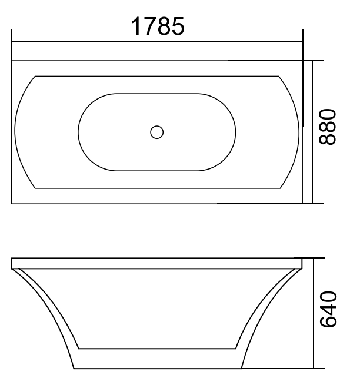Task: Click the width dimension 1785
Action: [x=158, y=26]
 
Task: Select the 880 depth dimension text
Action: [x=327, y=127]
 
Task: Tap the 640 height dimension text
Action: [x=327, y=308]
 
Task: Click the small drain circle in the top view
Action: [x=156, y=132]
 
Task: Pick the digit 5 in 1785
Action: [x=178, y=26]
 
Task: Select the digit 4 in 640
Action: [x=327, y=308]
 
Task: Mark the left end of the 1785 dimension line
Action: [x=12, y=41]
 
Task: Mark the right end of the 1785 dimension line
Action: [x=302, y=41]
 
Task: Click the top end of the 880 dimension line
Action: [x=312, y=61]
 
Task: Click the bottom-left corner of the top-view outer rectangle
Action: [x=12, y=204]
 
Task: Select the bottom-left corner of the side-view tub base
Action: [x=74, y=369]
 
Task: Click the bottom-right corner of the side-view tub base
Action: [x=242, y=369]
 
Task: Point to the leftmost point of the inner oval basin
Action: [x=78, y=132]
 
